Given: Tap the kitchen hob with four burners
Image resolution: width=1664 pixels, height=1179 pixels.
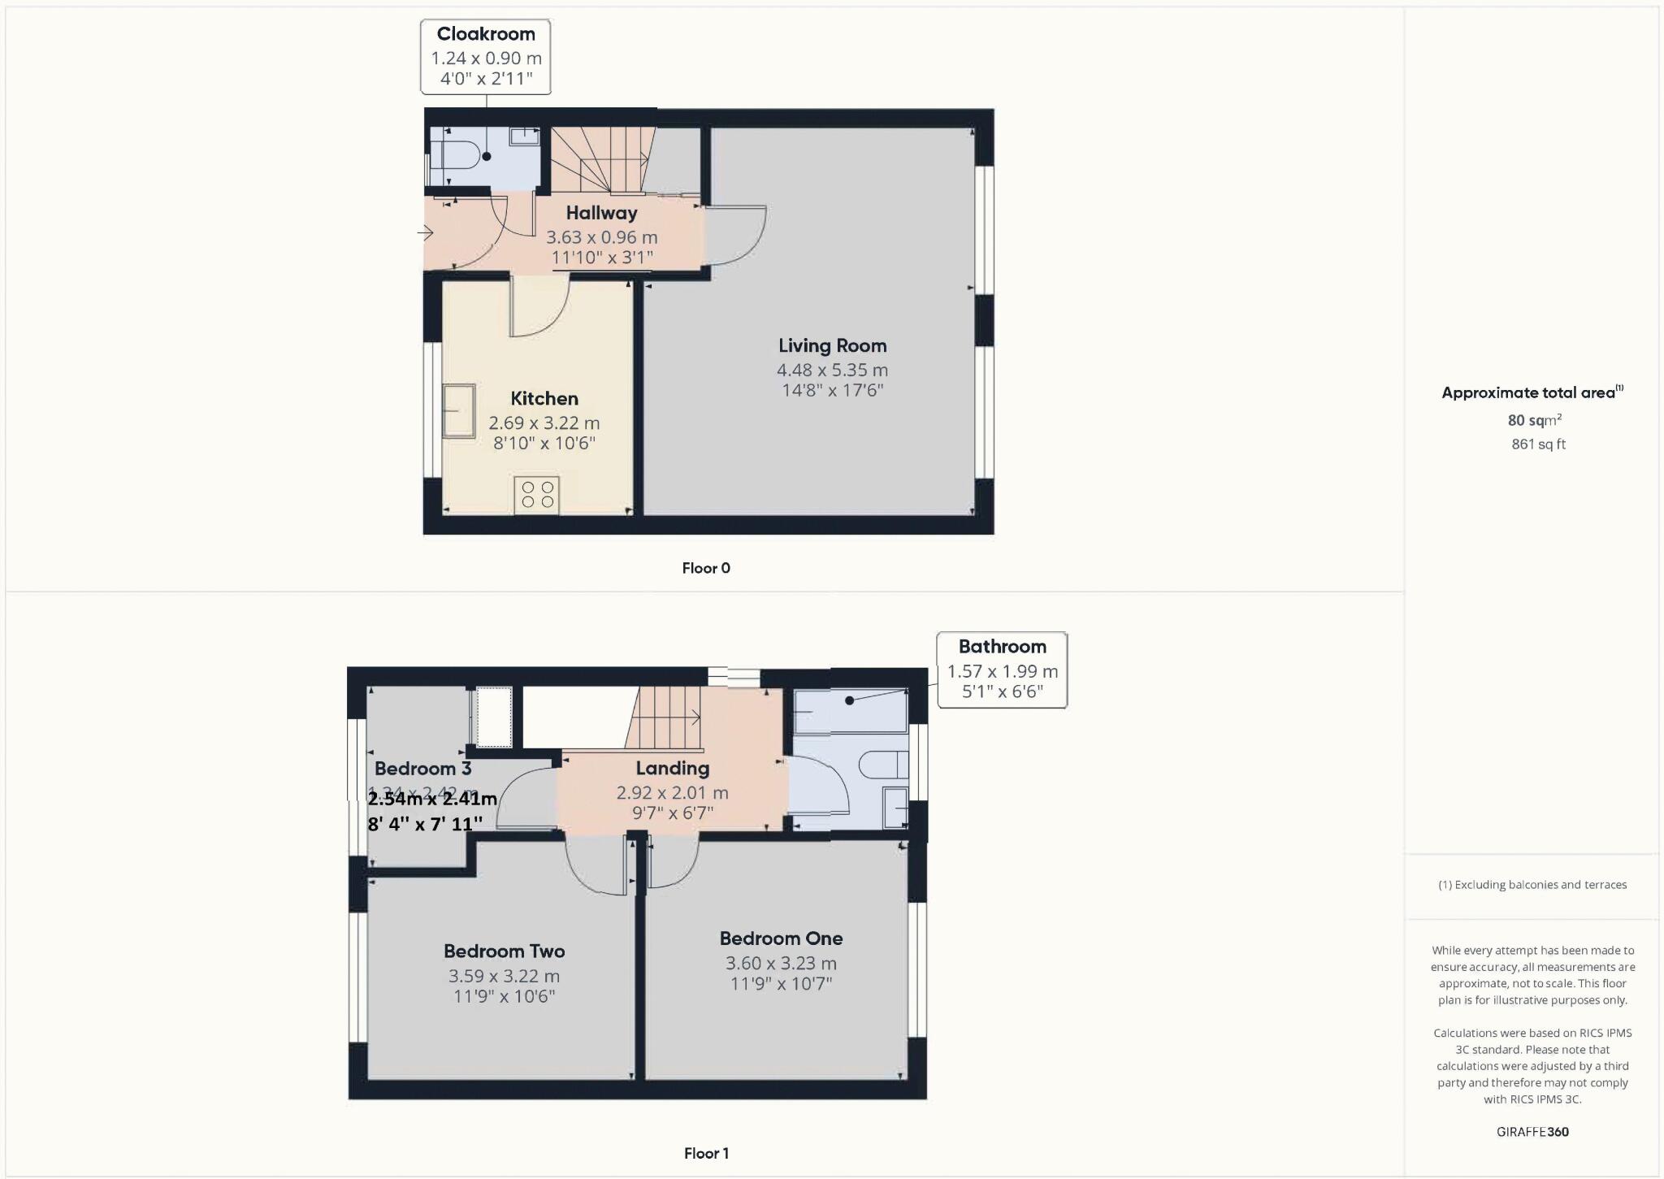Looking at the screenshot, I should pyautogui.click(x=537, y=495).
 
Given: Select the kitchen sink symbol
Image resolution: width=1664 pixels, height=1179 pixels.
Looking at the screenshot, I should pyautogui.click(x=458, y=411).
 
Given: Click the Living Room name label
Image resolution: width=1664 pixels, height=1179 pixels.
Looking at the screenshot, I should pyautogui.click(x=832, y=346).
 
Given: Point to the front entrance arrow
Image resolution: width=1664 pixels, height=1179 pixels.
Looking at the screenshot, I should pyautogui.click(x=426, y=234).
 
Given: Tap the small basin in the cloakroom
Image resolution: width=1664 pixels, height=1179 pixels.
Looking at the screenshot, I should pyautogui.click(x=525, y=136).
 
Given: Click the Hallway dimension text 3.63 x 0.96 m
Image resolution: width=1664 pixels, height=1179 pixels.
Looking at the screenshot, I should pyautogui.click(x=601, y=238).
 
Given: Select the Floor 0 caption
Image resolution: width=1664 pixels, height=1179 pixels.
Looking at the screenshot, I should pyautogui.click(x=706, y=568).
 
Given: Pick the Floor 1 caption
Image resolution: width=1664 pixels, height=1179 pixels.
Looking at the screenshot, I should pyautogui.click(x=706, y=1153).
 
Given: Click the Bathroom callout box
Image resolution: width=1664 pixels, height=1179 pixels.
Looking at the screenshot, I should pyautogui.click(x=1002, y=670).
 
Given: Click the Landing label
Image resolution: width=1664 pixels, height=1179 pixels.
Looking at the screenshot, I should pyautogui.click(x=672, y=769).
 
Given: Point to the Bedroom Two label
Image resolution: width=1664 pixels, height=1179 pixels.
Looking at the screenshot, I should pyautogui.click(x=504, y=951).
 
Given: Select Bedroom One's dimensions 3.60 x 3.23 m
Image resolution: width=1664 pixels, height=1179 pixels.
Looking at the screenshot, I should pyautogui.click(x=781, y=964).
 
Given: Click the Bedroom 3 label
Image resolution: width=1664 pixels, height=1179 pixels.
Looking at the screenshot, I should pyautogui.click(x=422, y=769).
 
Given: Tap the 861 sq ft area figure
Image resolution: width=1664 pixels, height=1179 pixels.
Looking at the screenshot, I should pyautogui.click(x=1538, y=444).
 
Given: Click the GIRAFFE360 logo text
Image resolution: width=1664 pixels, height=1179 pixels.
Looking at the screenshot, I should pyautogui.click(x=1532, y=1132).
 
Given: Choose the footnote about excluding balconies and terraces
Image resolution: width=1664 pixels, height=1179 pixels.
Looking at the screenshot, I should pyautogui.click(x=1532, y=885).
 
